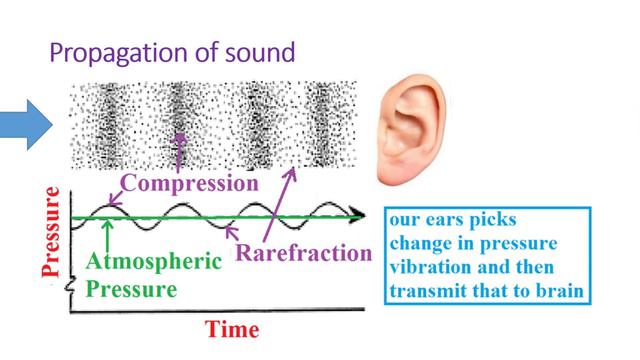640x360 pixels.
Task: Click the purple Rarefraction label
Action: point(302,253)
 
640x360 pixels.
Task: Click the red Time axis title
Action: point(232,329)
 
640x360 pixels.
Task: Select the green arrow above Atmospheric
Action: point(107,231)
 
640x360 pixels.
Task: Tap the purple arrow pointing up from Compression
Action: point(180,149)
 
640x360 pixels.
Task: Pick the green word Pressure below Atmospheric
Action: point(131,291)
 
